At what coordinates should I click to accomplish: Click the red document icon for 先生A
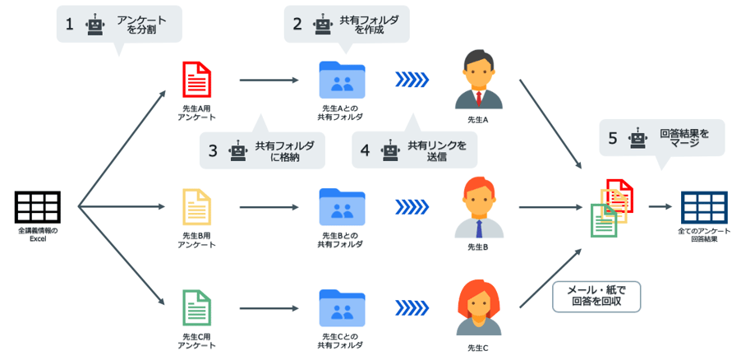click(x=197, y=80)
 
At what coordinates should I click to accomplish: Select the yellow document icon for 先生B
click(x=197, y=206)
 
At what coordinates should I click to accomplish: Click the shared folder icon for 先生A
click(x=341, y=80)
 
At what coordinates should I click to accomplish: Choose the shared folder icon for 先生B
click(x=341, y=206)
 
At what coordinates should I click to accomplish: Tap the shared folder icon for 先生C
click(x=341, y=307)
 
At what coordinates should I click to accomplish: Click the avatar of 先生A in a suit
click(x=477, y=80)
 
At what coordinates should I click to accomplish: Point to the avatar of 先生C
click(x=477, y=309)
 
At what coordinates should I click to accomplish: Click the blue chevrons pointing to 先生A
click(x=411, y=80)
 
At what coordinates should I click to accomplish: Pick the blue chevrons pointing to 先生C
click(x=411, y=307)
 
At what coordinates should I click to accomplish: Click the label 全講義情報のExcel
click(x=38, y=234)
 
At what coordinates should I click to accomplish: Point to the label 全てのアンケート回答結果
click(x=703, y=234)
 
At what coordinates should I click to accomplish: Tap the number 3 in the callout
click(x=213, y=151)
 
